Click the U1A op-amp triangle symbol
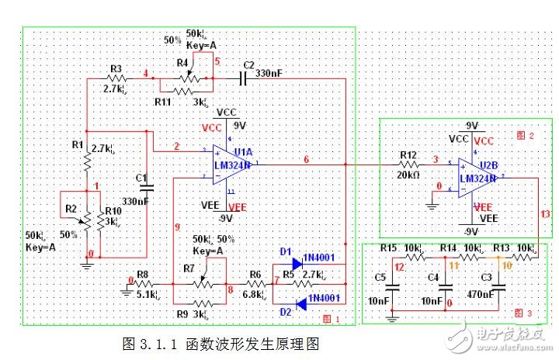[x=233, y=164]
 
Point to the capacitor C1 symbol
[x=145, y=186]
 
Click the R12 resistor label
[x=408, y=155]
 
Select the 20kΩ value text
[x=409, y=175]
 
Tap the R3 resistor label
[x=116, y=67]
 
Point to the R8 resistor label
[x=142, y=273]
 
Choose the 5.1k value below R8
[x=147, y=294]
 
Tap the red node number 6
[x=306, y=158]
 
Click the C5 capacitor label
[x=380, y=276]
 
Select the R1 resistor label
[x=76, y=145]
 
